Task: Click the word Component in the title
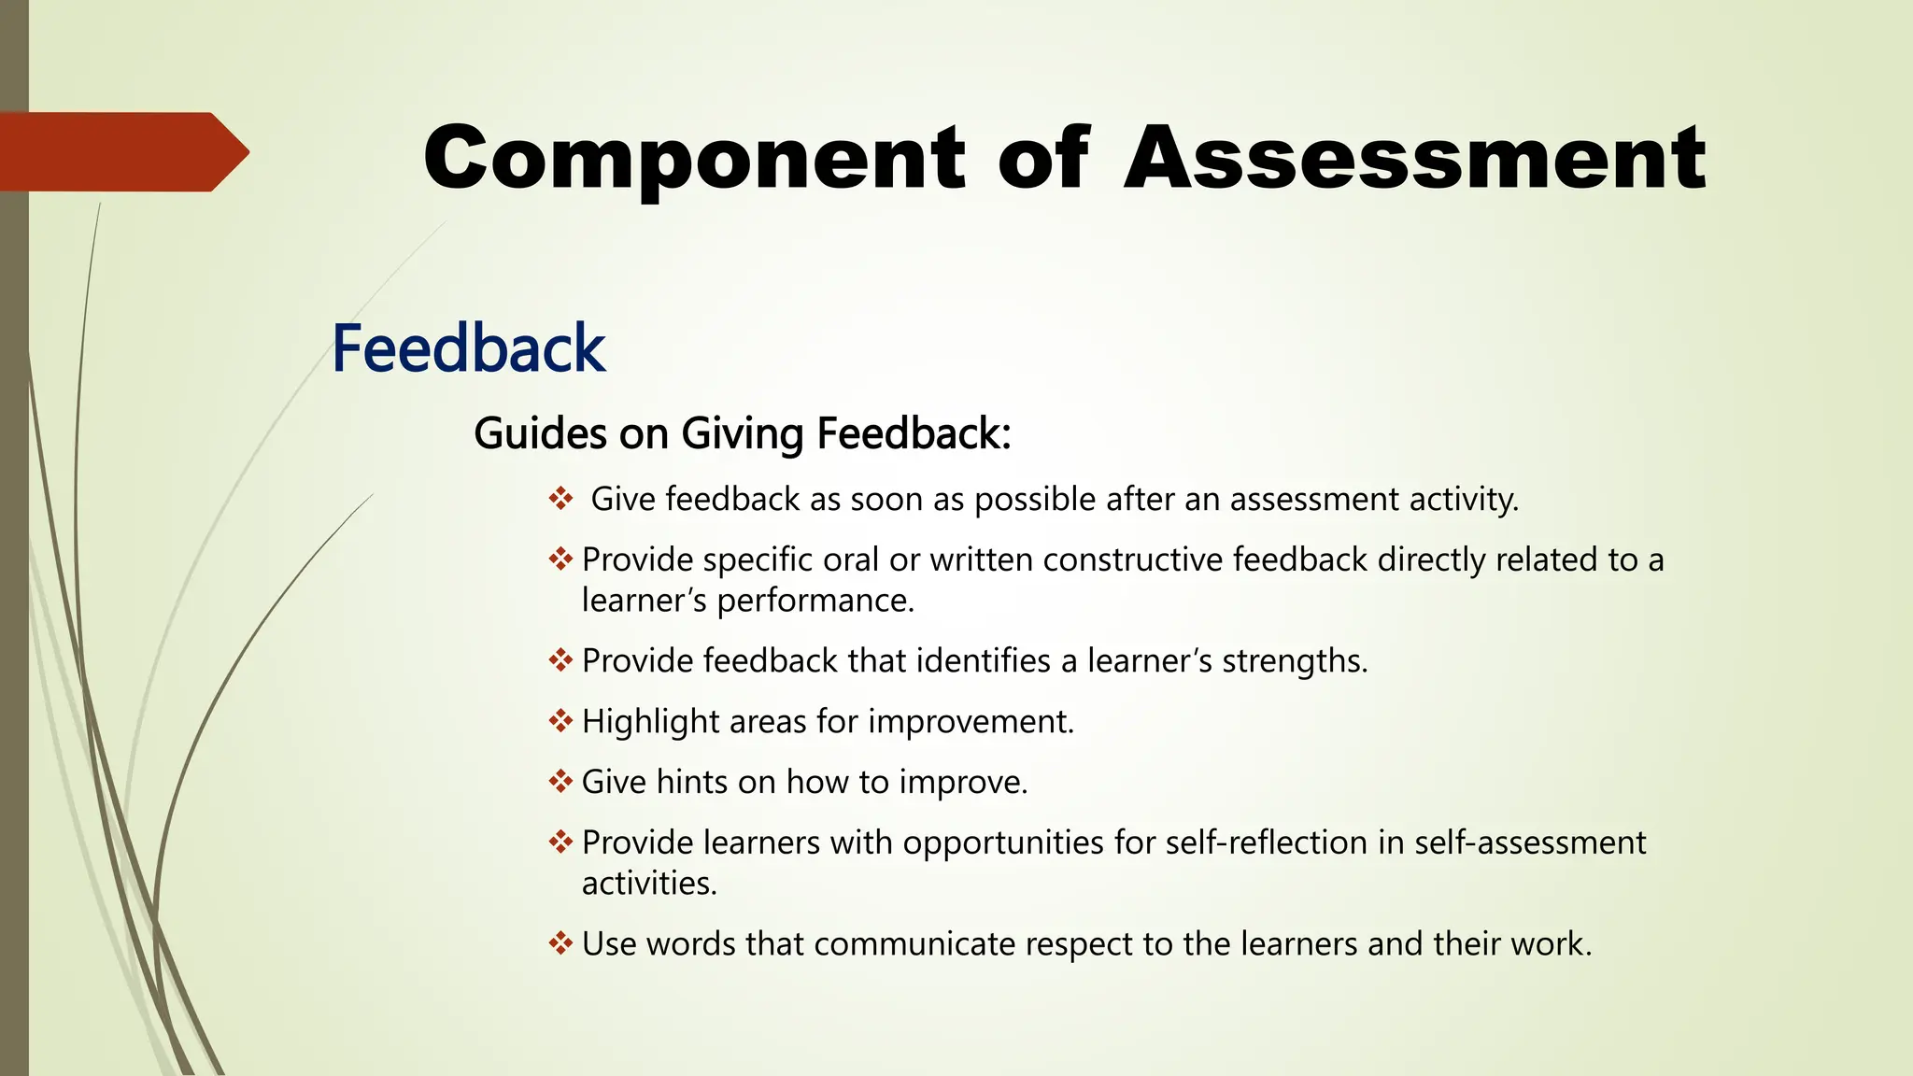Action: [x=694, y=159]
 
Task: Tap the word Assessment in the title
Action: [x=1415, y=159]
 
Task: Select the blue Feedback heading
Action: [x=469, y=348]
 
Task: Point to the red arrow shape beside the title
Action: [x=121, y=152]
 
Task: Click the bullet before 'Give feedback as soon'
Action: [x=560, y=499]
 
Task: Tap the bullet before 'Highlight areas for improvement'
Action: [x=560, y=721]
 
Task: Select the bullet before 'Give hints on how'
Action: [x=560, y=782]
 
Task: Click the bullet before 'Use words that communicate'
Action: [x=560, y=943]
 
